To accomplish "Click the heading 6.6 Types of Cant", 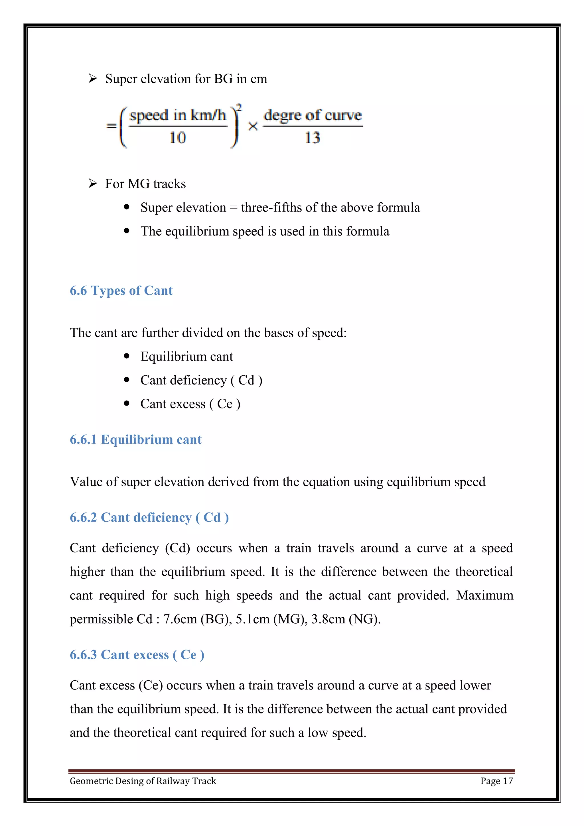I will (x=121, y=290).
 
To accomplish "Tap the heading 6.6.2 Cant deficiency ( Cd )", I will (x=149, y=517).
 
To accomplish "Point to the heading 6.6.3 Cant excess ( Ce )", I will (x=137, y=654).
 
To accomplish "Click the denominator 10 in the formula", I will (x=177, y=137).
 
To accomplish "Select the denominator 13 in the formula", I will (x=312, y=137).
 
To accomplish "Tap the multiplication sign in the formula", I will (x=253, y=126).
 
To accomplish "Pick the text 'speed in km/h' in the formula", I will (x=177, y=115).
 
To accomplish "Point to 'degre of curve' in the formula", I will (x=312, y=115).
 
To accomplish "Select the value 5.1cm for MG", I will (x=252, y=619).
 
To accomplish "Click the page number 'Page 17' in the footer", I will (x=496, y=781).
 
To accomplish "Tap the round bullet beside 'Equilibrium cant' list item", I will (x=126, y=356).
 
